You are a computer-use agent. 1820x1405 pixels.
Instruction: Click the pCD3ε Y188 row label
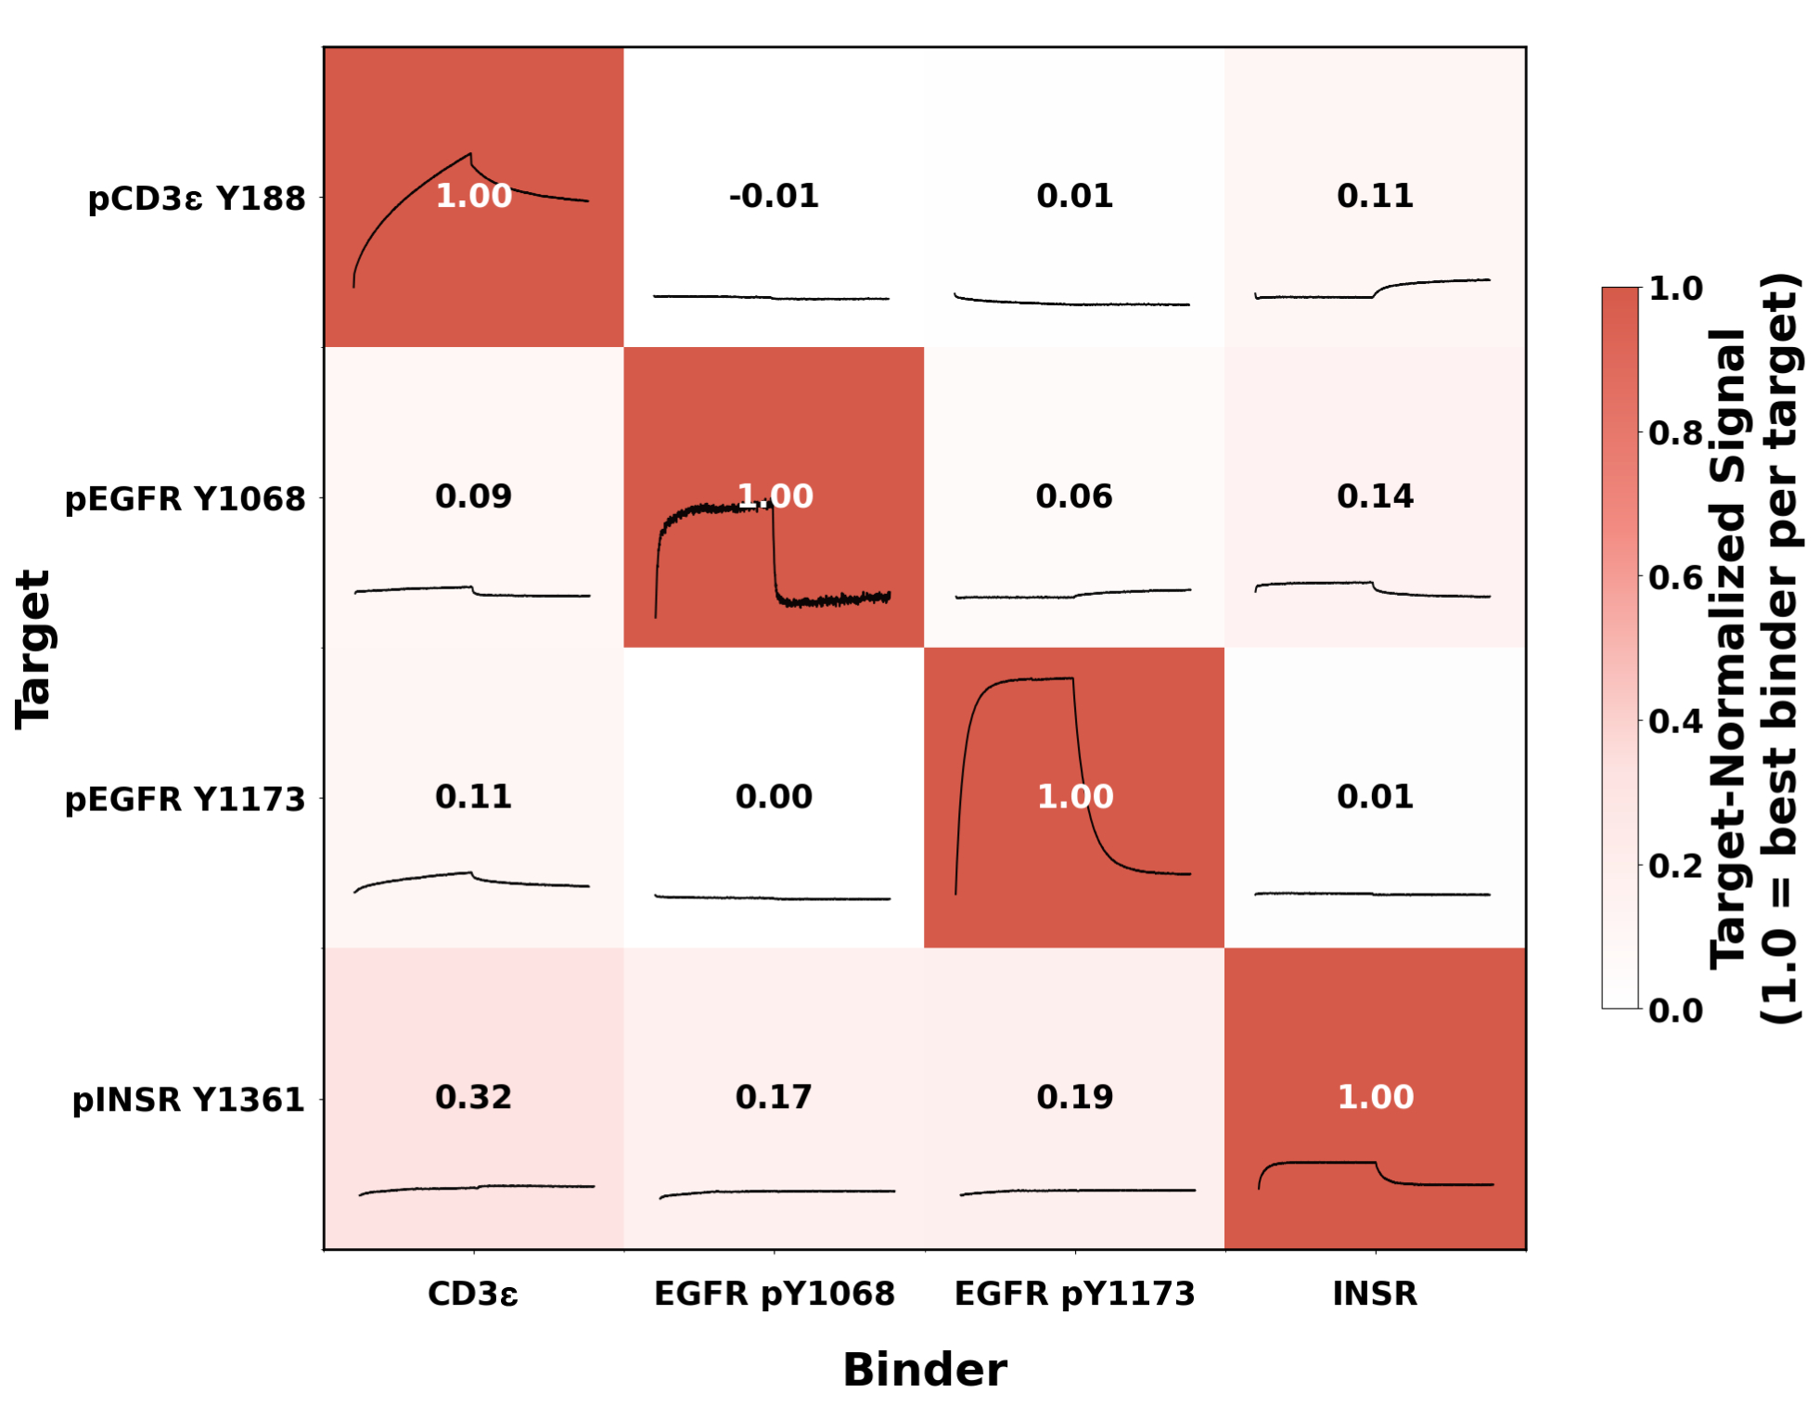click(x=196, y=199)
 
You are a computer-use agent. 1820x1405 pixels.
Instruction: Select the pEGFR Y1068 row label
click(x=185, y=499)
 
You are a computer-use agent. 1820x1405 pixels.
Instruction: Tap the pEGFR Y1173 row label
click(x=185, y=799)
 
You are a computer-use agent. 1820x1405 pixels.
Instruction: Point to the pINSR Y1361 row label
click(x=188, y=1100)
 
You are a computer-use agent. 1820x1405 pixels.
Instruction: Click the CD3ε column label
click(x=473, y=1294)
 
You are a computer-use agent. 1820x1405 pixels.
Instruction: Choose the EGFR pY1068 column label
click(x=775, y=1294)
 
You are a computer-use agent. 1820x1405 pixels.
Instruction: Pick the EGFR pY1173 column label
click(x=1075, y=1294)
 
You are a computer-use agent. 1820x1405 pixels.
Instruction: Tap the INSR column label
click(x=1375, y=1294)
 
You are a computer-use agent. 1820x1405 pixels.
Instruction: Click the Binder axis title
click(x=925, y=1370)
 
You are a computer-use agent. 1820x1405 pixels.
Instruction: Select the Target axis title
click(x=33, y=649)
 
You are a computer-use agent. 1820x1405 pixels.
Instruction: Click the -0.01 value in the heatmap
click(x=774, y=196)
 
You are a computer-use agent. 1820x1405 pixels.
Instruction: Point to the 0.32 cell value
click(x=473, y=1097)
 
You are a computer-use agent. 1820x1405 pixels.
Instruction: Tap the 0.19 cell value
click(x=1074, y=1097)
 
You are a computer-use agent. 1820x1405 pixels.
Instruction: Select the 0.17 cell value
click(x=774, y=1097)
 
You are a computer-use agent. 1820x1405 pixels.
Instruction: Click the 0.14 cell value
click(x=1375, y=496)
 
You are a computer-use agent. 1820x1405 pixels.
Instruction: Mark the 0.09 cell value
click(x=473, y=496)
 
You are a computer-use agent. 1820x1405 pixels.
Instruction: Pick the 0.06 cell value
click(x=1074, y=496)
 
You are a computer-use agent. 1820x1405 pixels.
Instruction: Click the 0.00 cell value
click(x=774, y=796)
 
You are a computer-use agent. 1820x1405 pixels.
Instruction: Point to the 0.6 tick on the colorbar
click(x=1675, y=577)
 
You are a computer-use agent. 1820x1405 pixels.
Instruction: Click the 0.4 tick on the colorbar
click(x=1675, y=721)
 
